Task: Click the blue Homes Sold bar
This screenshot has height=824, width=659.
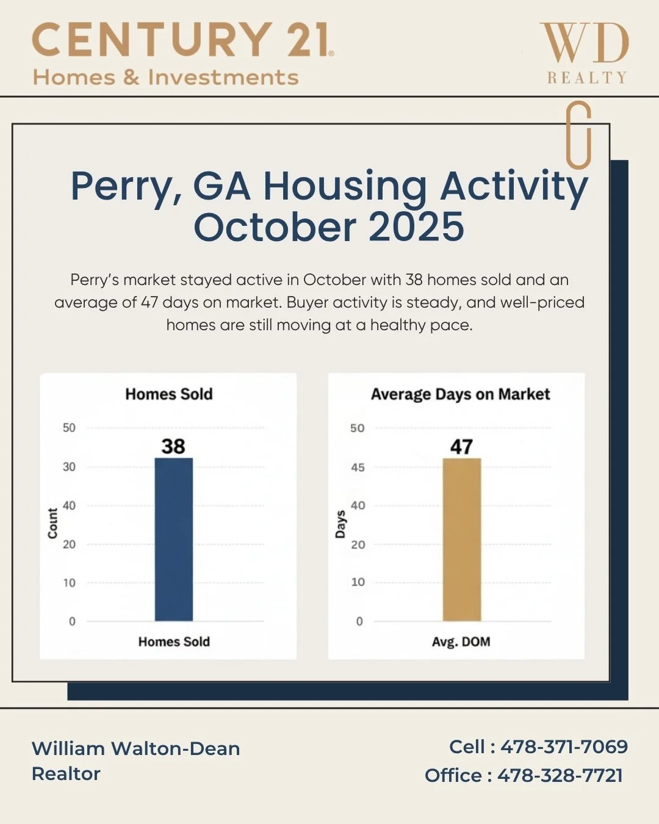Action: coord(174,540)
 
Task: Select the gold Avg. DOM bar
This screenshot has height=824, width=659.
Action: coord(462,540)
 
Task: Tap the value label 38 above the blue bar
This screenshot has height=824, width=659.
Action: coord(173,446)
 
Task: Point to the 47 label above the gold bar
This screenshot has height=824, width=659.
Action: coord(462,447)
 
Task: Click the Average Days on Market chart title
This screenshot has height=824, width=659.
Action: coord(460,394)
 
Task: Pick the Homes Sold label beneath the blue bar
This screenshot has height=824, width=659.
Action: coord(174,641)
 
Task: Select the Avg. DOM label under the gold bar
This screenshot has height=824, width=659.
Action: coord(461,641)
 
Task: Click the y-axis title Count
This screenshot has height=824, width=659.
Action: coord(52,523)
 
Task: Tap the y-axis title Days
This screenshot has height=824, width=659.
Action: coord(340,524)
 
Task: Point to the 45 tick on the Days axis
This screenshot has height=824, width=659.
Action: coord(358,468)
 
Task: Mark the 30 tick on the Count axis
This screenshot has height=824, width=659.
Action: coord(69,467)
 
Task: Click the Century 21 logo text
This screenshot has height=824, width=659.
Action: coord(182,40)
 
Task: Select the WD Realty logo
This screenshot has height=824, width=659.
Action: coord(585,54)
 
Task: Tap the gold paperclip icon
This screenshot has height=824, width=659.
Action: coord(578,135)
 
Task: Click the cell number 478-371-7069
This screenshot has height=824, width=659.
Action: coord(564,746)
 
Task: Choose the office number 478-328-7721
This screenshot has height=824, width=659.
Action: coord(560,775)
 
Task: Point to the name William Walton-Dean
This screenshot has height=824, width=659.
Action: coord(136,748)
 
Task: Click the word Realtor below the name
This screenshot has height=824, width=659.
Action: coord(66,773)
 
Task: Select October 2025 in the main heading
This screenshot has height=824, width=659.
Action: coord(329,226)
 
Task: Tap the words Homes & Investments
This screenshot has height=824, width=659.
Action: coord(165,78)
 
